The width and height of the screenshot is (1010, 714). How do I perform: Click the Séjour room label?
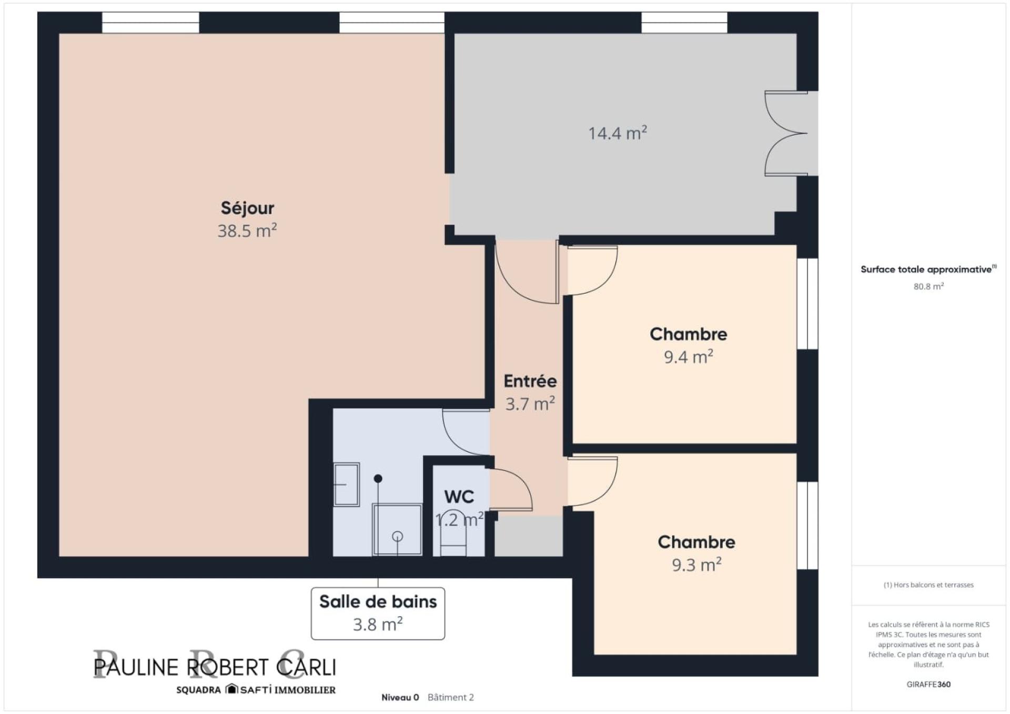(247, 208)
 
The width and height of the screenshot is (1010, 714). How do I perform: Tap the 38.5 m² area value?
(247, 230)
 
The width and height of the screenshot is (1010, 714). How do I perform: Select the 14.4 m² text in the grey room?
(618, 133)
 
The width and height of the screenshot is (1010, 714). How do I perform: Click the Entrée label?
(530, 381)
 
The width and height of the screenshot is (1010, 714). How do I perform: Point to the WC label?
(459, 497)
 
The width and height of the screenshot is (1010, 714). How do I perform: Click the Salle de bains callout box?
(378, 614)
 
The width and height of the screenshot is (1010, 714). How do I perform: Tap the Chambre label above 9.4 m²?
(688, 334)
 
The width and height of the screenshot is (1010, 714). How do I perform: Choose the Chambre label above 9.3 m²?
(696, 542)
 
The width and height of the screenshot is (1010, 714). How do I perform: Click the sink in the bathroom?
(347, 485)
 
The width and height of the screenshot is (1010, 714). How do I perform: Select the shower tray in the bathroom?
(397, 529)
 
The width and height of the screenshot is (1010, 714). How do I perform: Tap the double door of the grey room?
(786, 133)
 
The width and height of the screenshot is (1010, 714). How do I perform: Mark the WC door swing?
(511, 489)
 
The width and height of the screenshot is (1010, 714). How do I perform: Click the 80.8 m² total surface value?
(928, 286)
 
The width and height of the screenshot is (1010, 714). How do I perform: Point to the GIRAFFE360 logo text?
(928, 685)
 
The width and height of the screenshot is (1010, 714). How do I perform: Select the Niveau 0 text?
(400, 698)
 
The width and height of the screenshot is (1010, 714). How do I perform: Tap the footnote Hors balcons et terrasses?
(928, 585)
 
